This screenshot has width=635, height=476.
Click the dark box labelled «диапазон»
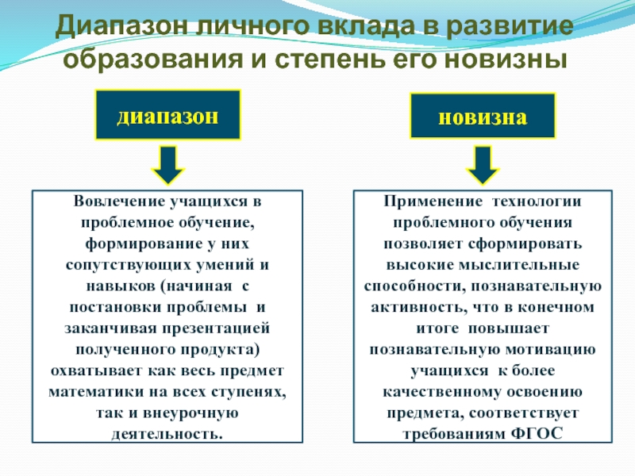(x=167, y=115)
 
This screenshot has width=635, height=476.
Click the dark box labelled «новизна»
(x=482, y=117)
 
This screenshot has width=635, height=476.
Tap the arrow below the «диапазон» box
(x=167, y=165)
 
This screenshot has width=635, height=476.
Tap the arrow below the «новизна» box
(x=482, y=165)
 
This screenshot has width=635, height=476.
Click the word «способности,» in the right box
(x=406, y=285)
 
